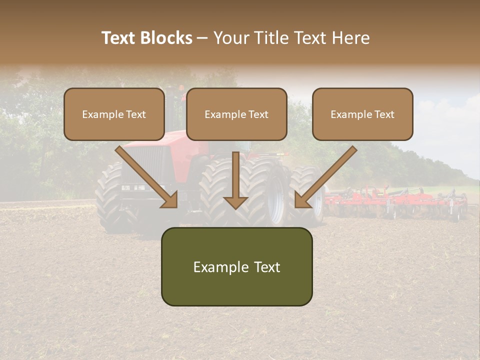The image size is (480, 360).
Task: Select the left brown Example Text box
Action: coord(114,114)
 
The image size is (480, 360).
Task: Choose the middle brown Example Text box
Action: coord(236,114)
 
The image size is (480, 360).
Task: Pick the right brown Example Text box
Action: coord(362,114)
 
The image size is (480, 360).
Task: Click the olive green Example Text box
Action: coord(236,266)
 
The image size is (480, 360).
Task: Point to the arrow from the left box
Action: coord(147,177)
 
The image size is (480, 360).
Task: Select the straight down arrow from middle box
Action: coord(236,180)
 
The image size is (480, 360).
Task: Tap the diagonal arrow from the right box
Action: coord(325,177)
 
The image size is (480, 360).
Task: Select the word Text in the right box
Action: coord(384,114)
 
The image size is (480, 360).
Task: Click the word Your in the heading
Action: coord(232,38)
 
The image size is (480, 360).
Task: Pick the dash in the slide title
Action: coord(202,38)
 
